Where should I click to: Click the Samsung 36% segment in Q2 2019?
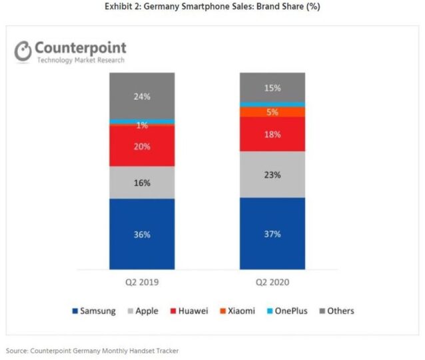pos(142,234)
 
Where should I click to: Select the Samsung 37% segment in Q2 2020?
pos(272,234)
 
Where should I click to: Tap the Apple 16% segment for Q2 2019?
pos(142,182)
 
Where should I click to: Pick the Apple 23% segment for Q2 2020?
pos(272,175)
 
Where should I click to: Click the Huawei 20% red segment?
pos(142,146)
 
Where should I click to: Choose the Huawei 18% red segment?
pos(272,134)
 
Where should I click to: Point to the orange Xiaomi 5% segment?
pos(272,112)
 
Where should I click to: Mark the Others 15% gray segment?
pos(272,87)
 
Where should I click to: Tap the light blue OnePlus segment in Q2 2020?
pos(272,104)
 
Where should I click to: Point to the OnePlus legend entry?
pos(287,311)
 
